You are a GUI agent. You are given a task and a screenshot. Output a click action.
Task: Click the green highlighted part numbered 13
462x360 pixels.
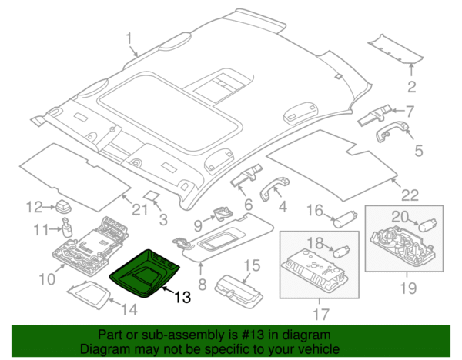[x=144, y=274]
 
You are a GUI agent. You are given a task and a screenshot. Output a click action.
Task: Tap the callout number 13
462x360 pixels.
[x=182, y=297]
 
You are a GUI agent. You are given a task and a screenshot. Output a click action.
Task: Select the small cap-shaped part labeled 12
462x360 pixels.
[x=63, y=206]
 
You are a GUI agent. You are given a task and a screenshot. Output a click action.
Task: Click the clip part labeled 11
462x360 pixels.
[x=67, y=227]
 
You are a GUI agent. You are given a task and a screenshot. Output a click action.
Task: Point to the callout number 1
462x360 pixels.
[x=129, y=38]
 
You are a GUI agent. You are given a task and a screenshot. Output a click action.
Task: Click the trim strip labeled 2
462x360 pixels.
[x=395, y=49]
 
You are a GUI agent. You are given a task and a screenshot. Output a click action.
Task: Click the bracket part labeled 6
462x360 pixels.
[x=246, y=175]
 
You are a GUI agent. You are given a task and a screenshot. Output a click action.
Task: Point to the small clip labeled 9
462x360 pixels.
[x=223, y=213]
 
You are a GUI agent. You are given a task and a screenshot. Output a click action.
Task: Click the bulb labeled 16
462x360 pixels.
[x=345, y=219]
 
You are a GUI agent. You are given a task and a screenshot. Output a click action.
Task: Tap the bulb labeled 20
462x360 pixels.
[x=427, y=227]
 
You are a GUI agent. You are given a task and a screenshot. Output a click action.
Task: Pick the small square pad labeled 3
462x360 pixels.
[x=152, y=195]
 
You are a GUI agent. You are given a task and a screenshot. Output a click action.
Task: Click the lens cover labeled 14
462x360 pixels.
[x=89, y=295]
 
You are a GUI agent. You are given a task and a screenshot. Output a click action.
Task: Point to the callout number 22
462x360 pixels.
[x=410, y=195]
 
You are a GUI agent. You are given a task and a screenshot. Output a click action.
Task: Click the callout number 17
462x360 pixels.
[x=320, y=314]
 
